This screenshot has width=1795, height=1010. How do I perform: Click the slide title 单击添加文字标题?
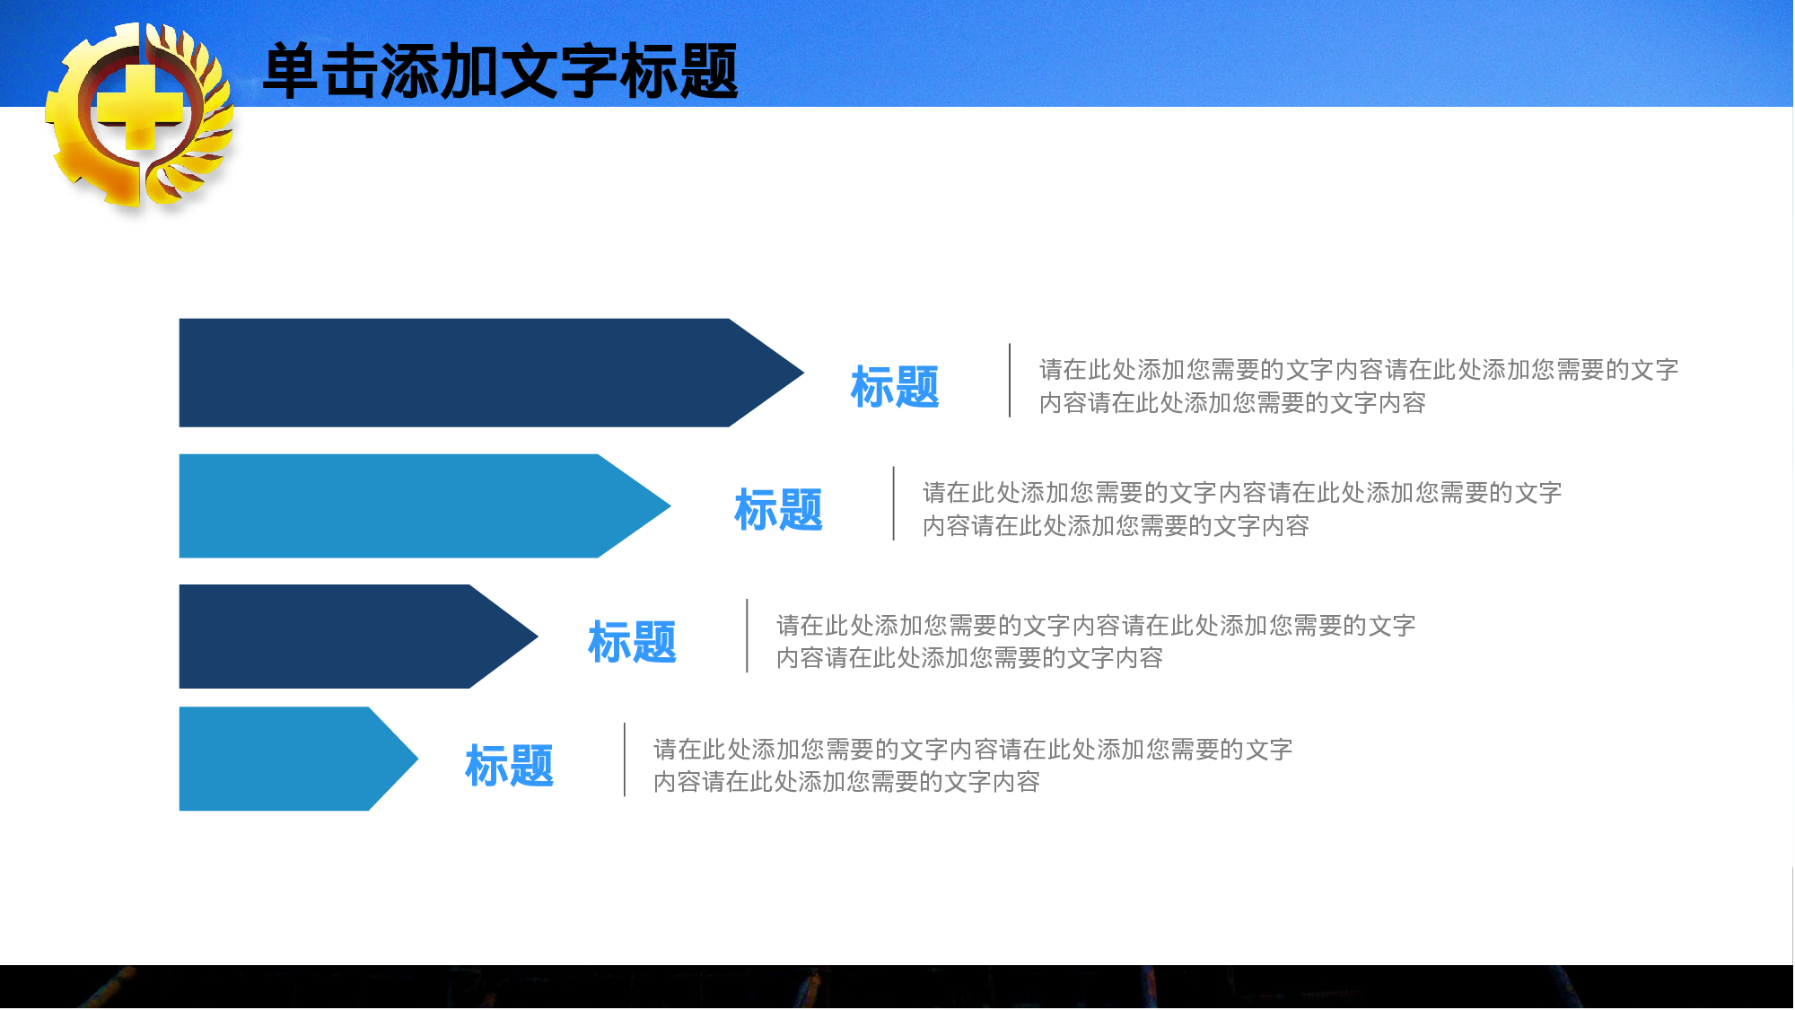(500, 72)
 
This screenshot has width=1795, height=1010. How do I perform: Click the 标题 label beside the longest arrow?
(895, 387)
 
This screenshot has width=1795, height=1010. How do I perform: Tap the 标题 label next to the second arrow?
(778, 510)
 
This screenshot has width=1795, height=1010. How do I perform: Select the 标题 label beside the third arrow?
(632, 642)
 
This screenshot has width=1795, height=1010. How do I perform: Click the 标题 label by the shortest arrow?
(509, 766)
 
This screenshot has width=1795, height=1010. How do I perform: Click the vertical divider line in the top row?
(1010, 381)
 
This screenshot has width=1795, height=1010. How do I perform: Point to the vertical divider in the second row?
(894, 504)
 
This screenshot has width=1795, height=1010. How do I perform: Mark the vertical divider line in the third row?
(747, 636)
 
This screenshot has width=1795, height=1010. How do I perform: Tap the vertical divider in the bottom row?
(625, 760)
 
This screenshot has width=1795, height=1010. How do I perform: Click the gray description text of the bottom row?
(971, 765)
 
